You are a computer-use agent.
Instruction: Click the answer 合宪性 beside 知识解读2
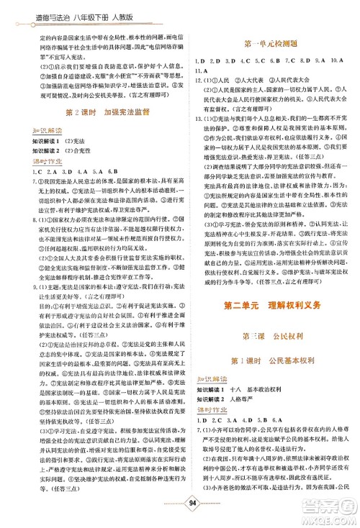(70, 153)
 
